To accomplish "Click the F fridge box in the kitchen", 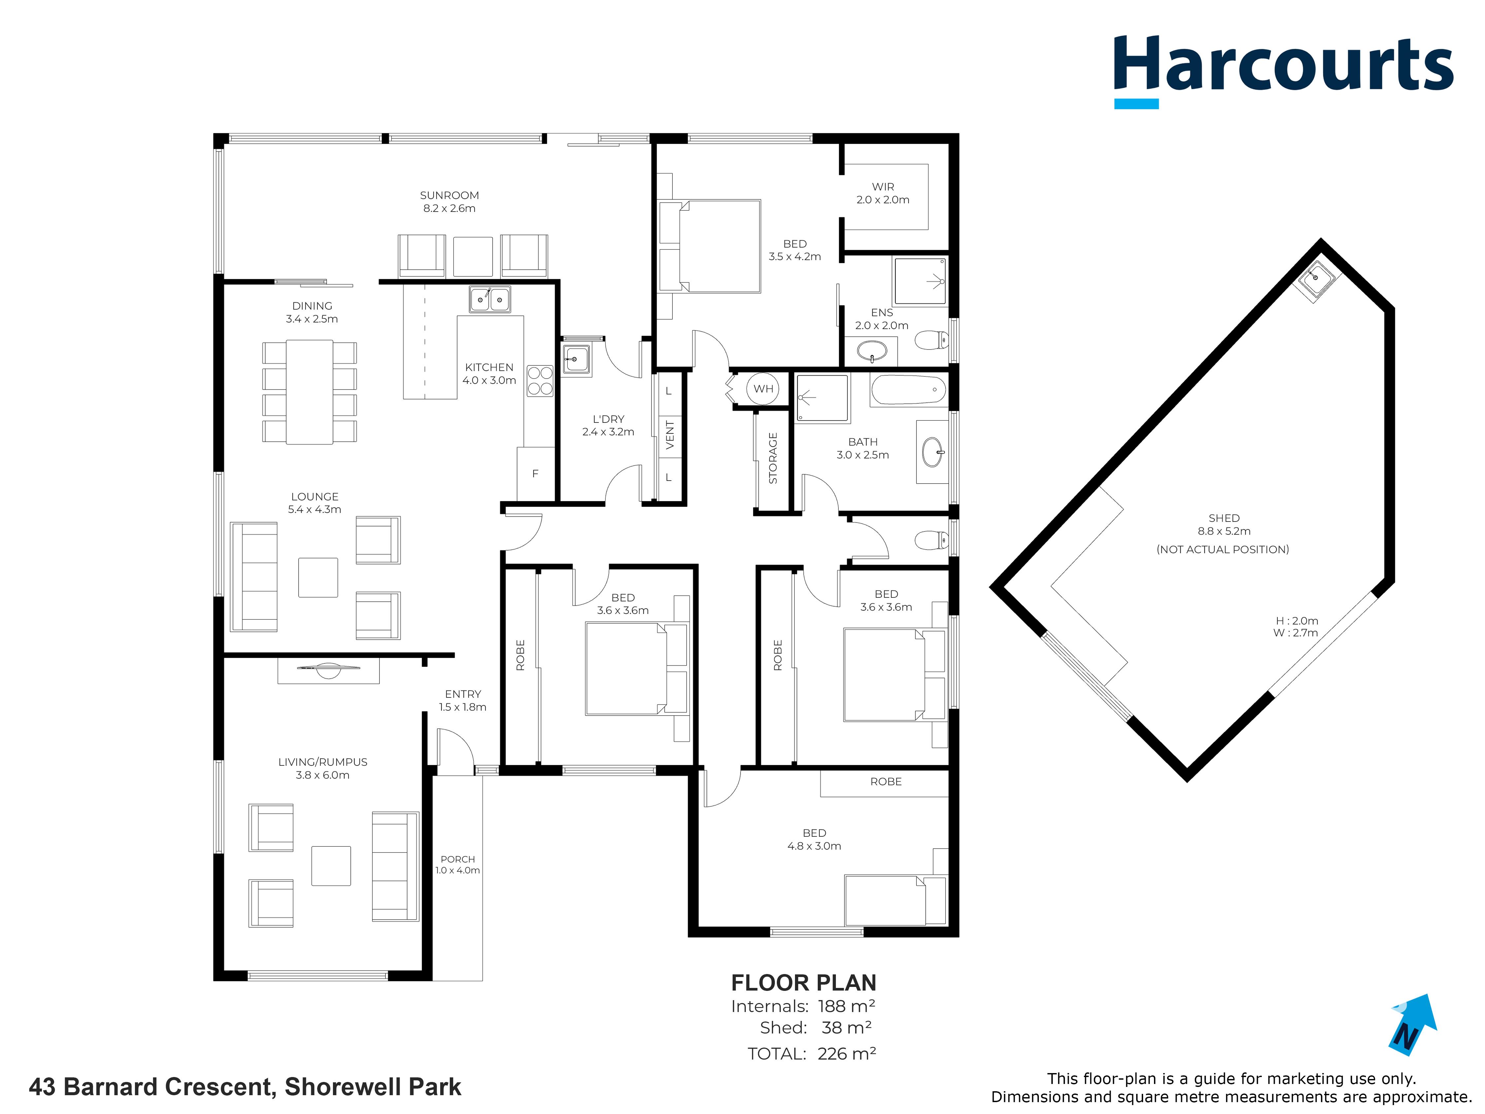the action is point(535,473).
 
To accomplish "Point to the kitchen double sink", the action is point(489,299).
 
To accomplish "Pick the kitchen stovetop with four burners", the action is point(540,381).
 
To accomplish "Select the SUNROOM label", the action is point(449,195).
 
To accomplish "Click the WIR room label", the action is point(883,187).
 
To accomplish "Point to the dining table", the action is point(310,392).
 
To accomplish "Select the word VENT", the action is point(669,434).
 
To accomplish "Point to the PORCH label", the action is point(458,859).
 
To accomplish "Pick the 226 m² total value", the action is point(846,1054).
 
